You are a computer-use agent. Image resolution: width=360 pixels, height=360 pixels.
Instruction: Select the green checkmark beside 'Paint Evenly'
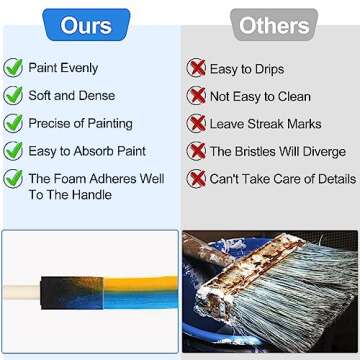point(13,69)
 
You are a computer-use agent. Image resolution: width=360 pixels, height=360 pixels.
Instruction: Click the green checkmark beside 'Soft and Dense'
point(13,96)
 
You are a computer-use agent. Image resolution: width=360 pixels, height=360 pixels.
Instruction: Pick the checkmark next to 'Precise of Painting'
point(13,123)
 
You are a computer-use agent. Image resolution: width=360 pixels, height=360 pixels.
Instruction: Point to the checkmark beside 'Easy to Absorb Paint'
point(13,151)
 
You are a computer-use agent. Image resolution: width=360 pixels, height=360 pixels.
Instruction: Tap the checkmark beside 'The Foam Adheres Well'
point(13,179)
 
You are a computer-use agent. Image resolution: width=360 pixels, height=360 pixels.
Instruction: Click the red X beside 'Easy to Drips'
point(196,69)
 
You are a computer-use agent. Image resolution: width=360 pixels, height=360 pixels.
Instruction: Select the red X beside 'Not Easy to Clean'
point(196,96)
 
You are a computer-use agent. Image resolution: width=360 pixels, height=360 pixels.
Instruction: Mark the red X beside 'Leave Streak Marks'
point(196,124)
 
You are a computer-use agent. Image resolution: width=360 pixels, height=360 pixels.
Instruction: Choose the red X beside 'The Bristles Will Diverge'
point(196,151)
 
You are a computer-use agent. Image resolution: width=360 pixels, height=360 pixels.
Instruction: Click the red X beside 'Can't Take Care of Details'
point(196,179)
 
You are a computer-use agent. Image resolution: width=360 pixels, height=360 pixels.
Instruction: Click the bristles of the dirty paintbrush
point(305,300)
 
